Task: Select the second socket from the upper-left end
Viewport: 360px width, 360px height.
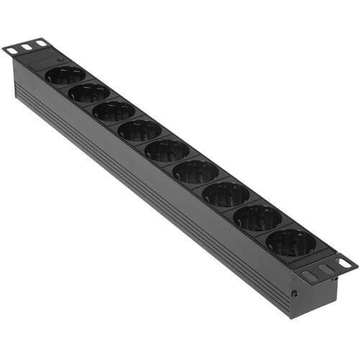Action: point(90,92)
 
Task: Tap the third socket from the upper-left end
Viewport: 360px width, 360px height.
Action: point(114,111)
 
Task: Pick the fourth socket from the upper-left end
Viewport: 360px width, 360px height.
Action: point(140,130)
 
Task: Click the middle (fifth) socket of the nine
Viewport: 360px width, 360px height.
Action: point(167,150)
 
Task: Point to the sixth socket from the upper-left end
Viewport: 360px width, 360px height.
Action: point(195,171)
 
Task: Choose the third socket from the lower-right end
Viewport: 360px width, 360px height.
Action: point(225,194)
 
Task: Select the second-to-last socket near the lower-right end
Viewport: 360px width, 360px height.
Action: point(257,217)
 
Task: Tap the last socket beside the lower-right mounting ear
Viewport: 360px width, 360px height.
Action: point(291,242)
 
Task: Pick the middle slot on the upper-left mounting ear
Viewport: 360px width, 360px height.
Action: point(27,47)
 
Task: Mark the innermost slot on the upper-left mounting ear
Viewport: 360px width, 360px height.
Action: point(41,44)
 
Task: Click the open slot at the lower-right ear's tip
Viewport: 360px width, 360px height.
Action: point(346,264)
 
